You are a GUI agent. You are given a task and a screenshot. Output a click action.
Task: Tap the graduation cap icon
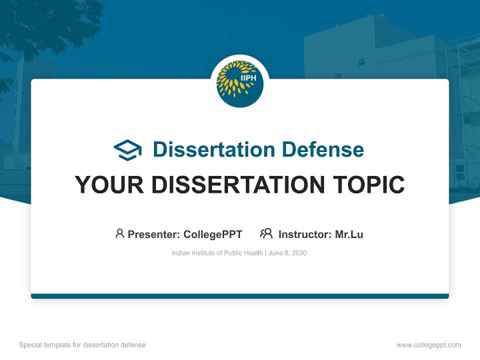pos(127,150)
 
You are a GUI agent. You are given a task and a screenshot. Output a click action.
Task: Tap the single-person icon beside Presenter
pos(119,233)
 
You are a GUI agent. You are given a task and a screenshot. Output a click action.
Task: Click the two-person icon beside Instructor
pos(266,233)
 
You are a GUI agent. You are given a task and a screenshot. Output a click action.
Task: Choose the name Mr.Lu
pos(349,234)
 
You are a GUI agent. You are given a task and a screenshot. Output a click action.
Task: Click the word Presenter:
pos(154,234)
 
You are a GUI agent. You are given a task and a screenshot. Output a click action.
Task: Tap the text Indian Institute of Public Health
pos(217,253)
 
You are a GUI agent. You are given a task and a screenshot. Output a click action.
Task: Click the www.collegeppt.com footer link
pos(428,345)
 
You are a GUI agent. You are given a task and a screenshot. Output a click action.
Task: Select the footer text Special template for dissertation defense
pos(82,345)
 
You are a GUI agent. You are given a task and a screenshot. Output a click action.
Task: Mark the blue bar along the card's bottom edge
pos(240,296)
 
